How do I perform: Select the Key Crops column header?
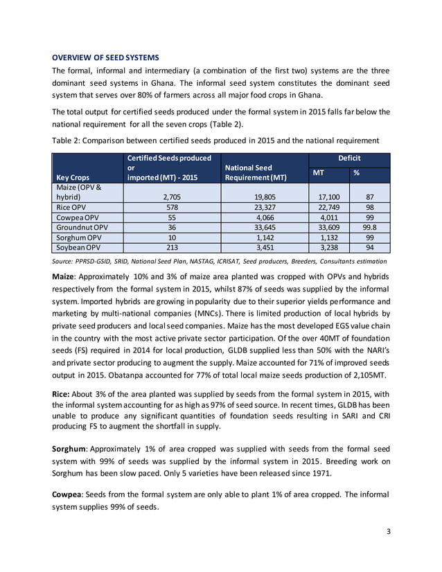(73, 177)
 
